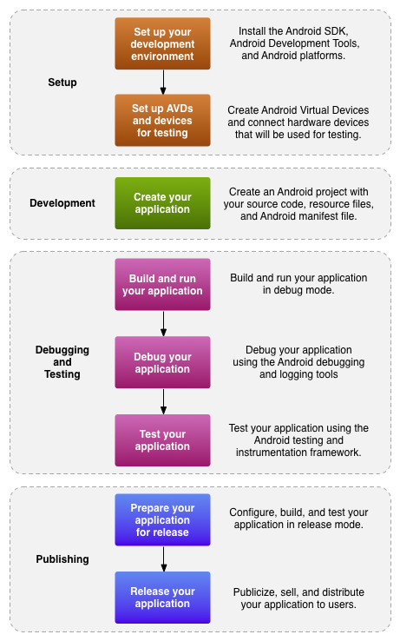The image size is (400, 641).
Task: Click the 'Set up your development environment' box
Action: [x=162, y=43]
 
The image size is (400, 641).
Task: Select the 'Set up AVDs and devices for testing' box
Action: [x=162, y=121]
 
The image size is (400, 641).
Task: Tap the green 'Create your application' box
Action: [x=162, y=203]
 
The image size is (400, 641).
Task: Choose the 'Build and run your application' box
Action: [x=162, y=284]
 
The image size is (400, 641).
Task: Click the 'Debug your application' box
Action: [x=162, y=362]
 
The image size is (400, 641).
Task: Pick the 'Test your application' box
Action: [x=162, y=440]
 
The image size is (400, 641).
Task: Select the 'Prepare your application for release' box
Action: [x=162, y=520]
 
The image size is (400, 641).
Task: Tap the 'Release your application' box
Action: [x=162, y=598]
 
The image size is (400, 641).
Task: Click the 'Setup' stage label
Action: [x=62, y=83]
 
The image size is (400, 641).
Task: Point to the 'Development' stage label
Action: [x=62, y=203]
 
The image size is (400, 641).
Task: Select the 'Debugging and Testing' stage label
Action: [x=62, y=361]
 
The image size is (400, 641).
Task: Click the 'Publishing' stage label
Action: [x=62, y=559]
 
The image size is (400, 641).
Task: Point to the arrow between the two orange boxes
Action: [x=163, y=82]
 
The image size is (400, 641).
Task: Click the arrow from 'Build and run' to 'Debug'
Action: [x=163, y=323]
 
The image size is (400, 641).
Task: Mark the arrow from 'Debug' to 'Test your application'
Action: [x=163, y=401]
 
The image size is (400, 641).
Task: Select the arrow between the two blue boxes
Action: [x=163, y=558]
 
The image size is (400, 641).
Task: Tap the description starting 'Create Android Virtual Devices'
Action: [x=298, y=122]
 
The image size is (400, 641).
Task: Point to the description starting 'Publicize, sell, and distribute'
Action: [x=298, y=598]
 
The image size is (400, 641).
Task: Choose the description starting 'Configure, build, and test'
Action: [x=298, y=519]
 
